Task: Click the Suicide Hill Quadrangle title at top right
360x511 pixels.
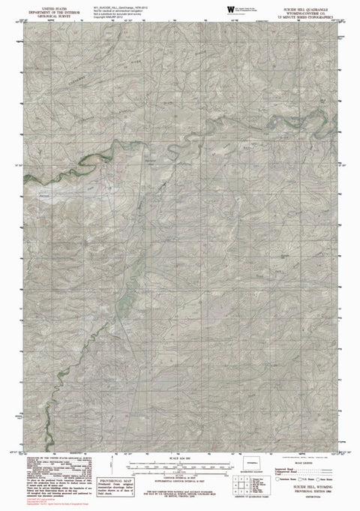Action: coord(310,5)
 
